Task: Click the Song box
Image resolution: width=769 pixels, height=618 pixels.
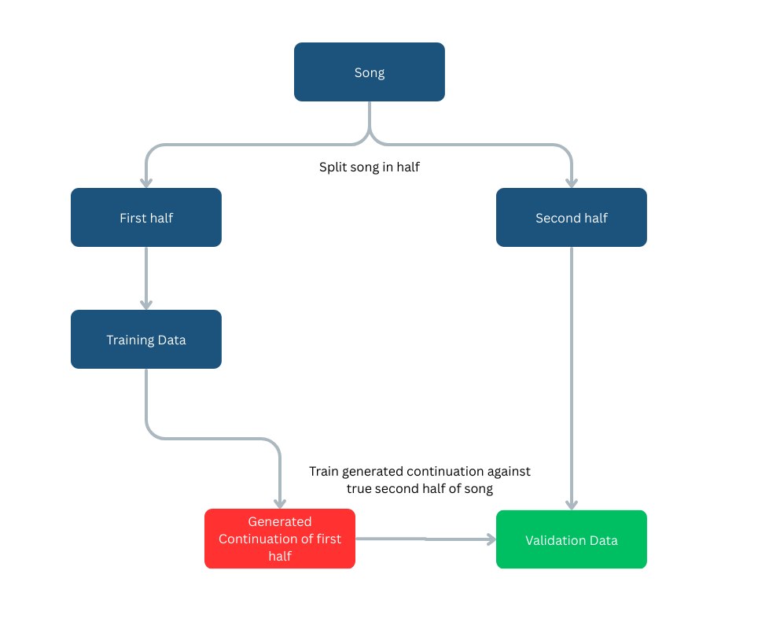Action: (x=369, y=72)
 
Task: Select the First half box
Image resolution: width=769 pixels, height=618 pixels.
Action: (x=146, y=218)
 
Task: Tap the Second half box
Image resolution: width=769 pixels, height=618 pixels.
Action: (x=571, y=218)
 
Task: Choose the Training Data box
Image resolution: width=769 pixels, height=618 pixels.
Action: (x=146, y=340)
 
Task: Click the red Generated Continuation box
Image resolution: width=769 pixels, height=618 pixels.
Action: (x=280, y=539)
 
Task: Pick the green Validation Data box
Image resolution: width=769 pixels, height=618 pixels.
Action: (x=571, y=540)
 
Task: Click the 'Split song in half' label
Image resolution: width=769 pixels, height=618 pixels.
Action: (x=369, y=167)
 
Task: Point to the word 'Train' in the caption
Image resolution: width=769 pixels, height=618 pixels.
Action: (x=325, y=471)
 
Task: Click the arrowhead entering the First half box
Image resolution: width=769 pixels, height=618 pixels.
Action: (x=146, y=182)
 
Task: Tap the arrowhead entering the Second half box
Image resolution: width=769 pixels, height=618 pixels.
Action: (x=572, y=182)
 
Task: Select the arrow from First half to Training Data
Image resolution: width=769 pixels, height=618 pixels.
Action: (x=146, y=277)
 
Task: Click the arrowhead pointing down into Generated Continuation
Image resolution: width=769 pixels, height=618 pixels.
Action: (x=280, y=502)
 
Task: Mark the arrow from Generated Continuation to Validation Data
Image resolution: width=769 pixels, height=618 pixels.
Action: (x=425, y=539)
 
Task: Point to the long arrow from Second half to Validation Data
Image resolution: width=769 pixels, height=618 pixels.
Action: (x=572, y=377)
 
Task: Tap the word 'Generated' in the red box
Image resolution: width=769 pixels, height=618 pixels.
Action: (x=280, y=521)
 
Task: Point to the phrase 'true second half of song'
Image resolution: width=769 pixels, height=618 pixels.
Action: (x=419, y=488)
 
